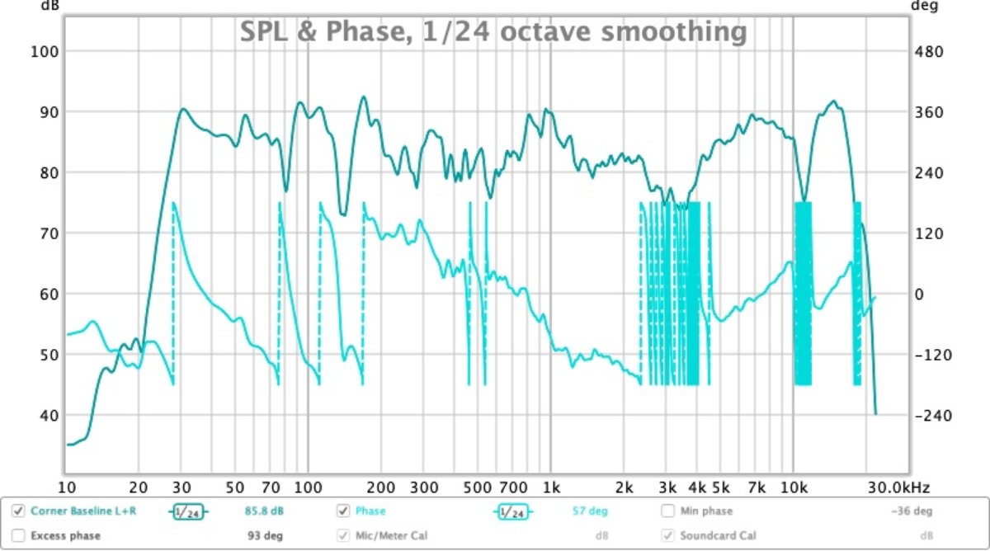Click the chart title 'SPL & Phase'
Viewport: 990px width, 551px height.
click(493, 32)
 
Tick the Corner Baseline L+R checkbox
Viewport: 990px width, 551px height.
click(18, 511)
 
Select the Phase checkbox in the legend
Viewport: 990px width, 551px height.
click(343, 511)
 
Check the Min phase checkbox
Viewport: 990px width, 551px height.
click(667, 511)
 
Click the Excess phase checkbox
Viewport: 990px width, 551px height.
click(18, 535)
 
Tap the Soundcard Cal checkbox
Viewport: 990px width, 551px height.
click(667, 535)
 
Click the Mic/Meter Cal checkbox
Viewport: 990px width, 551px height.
click(343, 535)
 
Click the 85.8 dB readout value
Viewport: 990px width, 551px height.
click(264, 511)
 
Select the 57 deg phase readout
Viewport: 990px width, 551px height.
click(590, 511)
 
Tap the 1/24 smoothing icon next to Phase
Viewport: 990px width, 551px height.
click(511, 511)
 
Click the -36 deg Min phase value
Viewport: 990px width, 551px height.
click(912, 511)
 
